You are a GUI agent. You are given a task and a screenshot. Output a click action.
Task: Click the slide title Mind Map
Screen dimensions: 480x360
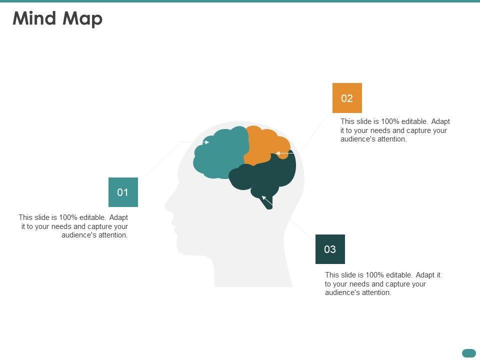coord(57,18)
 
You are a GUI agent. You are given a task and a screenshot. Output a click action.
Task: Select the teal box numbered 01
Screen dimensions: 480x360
coord(123,192)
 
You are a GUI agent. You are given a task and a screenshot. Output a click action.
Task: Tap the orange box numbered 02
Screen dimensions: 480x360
coord(347,98)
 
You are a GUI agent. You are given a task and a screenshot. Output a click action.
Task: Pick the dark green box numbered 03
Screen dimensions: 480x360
coord(330,249)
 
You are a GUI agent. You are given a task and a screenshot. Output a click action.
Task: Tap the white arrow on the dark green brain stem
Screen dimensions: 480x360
coord(267,201)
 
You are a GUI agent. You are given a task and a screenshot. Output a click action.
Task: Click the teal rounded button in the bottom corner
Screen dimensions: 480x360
coord(469,353)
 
